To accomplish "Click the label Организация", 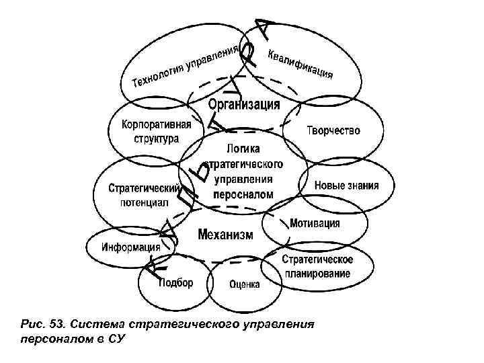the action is [x=243, y=105].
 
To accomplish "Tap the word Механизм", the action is [x=225, y=235].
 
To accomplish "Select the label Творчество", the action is [x=333, y=130].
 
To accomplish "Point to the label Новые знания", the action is [x=346, y=186].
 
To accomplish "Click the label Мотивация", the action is [x=315, y=223].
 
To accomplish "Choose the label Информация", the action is [x=126, y=246].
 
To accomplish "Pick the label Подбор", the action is [x=175, y=282].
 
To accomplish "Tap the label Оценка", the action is [x=244, y=284].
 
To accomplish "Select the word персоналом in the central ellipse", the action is [x=243, y=194].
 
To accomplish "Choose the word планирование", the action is [x=317, y=274].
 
